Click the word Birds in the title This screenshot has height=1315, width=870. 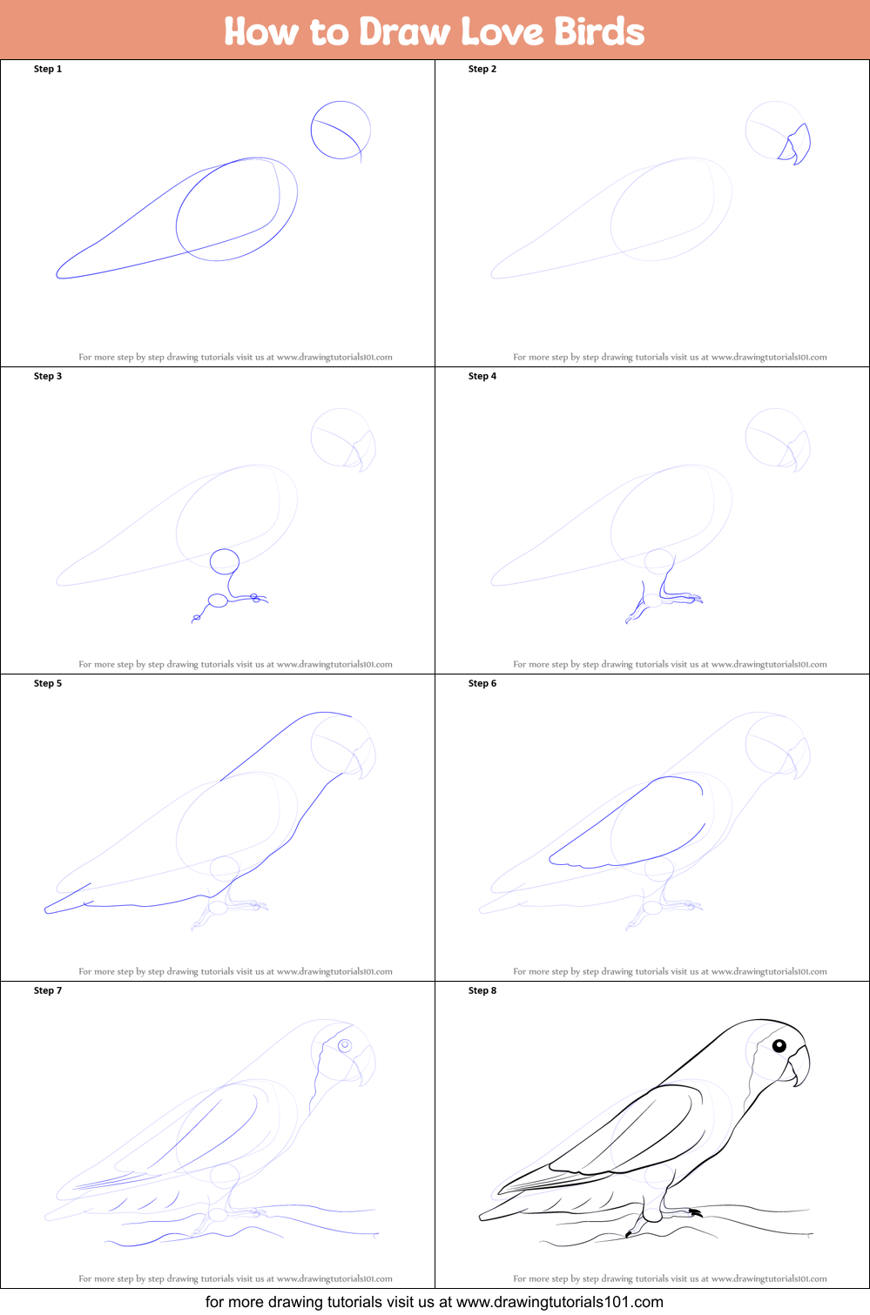(x=599, y=31)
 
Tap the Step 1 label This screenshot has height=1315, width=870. (x=48, y=69)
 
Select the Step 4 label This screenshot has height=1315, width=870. (x=482, y=376)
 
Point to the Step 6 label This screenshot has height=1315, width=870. (x=482, y=683)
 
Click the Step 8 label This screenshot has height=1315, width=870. (x=482, y=990)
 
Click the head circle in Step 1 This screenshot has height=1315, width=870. (x=341, y=102)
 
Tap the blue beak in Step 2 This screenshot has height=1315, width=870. (x=795, y=144)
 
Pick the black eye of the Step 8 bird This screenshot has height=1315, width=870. (x=779, y=1045)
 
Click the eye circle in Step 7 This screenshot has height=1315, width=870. (x=345, y=1045)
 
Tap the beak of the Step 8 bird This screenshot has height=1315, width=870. (x=797, y=1065)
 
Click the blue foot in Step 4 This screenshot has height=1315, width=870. (x=664, y=599)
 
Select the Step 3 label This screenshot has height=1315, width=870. (x=48, y=376)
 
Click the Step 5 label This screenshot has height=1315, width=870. (x=48, y=683)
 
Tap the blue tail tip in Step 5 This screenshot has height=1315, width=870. (x=47, y=910)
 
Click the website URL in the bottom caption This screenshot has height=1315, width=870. (x=560, y=1302)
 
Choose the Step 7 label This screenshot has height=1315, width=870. (x=48, y=990)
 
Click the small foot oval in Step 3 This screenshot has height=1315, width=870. (x=218, y=600)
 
